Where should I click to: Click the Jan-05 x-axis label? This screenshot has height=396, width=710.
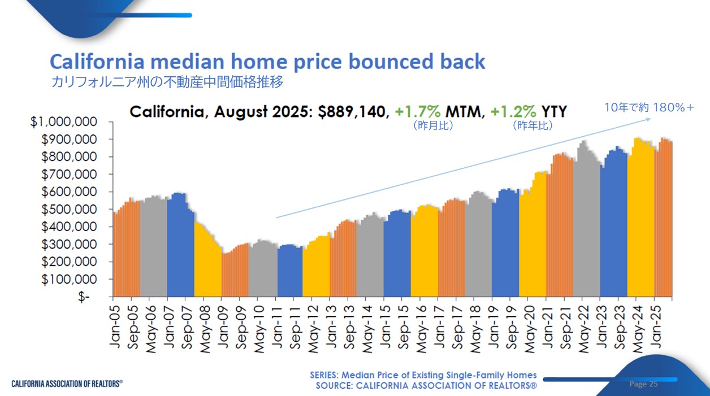114,326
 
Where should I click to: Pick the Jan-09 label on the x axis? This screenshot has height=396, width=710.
222,326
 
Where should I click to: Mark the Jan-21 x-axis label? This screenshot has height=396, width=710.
547,326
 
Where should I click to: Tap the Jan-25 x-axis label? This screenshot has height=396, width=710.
656,326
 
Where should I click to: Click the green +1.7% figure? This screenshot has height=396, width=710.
418,111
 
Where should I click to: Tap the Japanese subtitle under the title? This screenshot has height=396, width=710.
167,82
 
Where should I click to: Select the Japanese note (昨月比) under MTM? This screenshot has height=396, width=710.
433,125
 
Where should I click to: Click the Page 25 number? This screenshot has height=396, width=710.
644,384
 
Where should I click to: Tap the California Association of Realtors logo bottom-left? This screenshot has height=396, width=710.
67,384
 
